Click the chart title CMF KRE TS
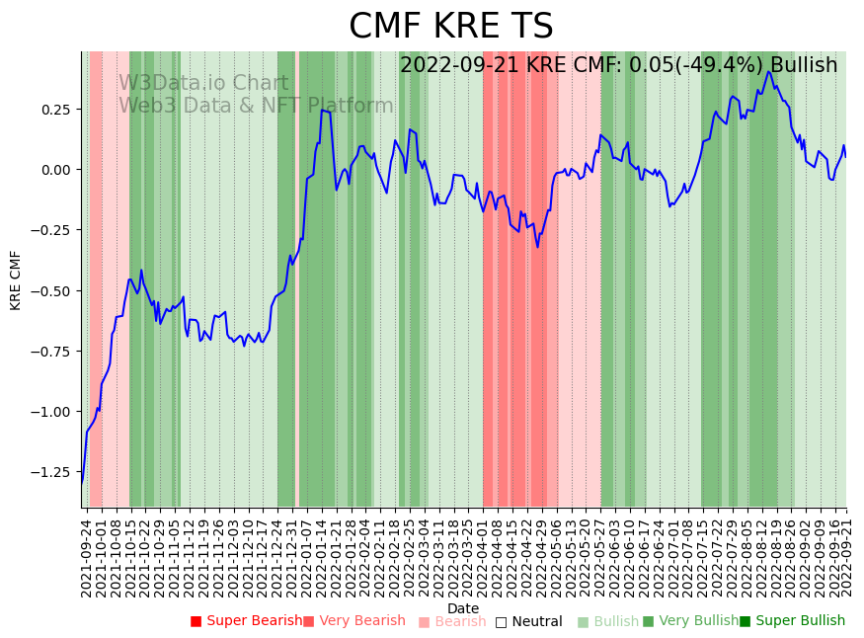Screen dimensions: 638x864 tap(451, 27)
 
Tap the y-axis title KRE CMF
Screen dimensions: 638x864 tap(16, 280)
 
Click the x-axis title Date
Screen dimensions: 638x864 tap(463, 608)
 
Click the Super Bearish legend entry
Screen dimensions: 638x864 tap(246, 621)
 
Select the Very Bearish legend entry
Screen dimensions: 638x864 tap(353, 621)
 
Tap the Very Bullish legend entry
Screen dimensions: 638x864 tap(690, 621)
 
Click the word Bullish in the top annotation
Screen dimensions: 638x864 tap(804, 65)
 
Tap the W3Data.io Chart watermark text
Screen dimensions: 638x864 tap(203, 84)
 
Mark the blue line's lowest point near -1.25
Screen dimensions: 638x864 tap(83, 479)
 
